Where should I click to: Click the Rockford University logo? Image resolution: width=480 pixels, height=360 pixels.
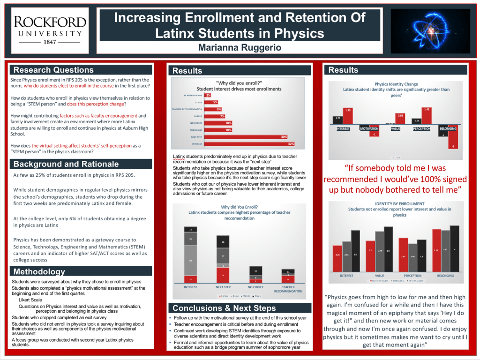click(50, 30)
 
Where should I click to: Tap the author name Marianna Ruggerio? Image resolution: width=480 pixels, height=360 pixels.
click(240, 48)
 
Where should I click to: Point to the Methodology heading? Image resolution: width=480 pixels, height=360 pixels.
click(39, 271)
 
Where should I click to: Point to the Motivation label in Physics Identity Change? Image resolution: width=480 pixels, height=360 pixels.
click(369, 128)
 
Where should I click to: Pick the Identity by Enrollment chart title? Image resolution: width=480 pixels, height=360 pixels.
click(399, 204)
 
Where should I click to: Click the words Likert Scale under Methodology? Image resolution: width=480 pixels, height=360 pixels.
click(30, 300)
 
